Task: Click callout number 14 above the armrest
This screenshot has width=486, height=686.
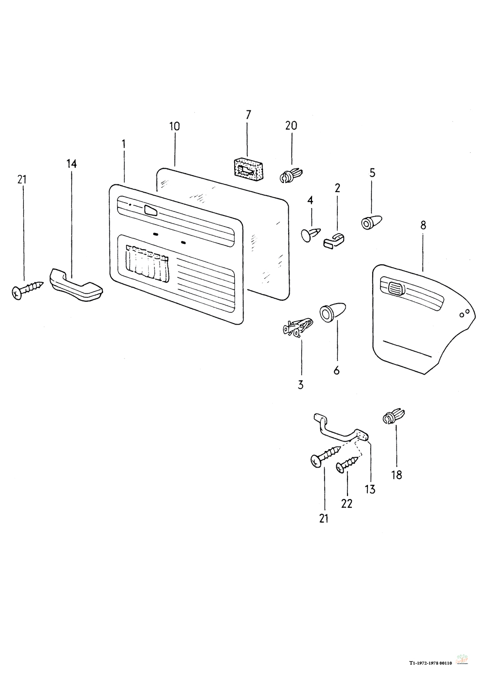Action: coord(71,164)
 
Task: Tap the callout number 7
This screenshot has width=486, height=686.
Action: coord(248,115)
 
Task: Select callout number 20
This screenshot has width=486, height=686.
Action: coord(291,125)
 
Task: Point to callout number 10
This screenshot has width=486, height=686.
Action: coord(174,126)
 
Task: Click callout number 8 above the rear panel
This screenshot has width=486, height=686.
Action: coord(423,225)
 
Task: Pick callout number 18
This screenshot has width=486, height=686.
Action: coord(397,475)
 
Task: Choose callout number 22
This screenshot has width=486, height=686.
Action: coord(347,504)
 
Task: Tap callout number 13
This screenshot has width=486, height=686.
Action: coord(370,489)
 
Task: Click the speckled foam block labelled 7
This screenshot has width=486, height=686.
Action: coord(248,168)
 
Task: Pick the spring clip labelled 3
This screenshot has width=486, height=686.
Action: coord(296,327)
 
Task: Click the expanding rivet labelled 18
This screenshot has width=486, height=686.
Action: coord(394,417)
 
